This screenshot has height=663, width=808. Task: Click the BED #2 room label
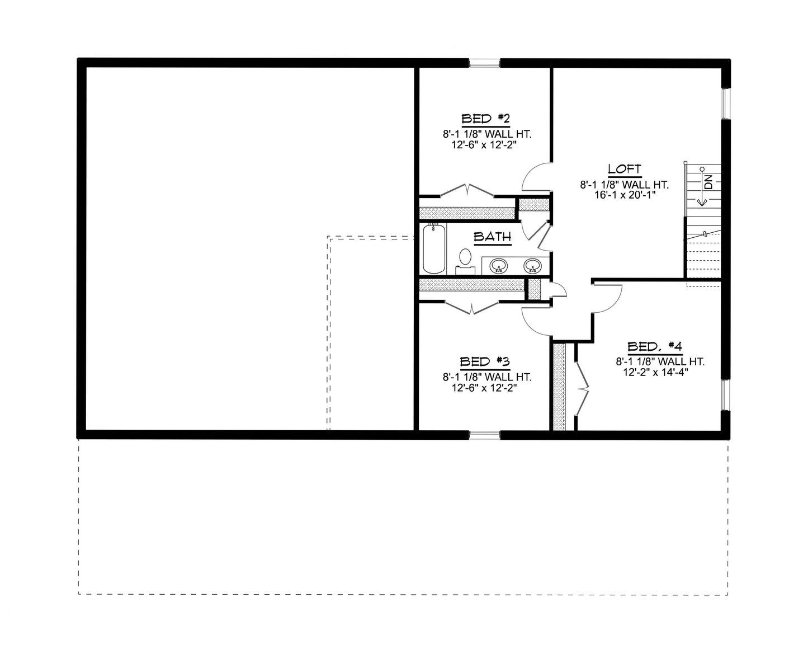click(485, 119)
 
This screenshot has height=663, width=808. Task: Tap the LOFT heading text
click(624, 169)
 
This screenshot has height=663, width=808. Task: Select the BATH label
click(493, 237)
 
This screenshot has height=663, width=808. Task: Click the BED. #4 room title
click(655, 346)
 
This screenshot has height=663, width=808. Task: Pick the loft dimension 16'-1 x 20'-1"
click(624, 196)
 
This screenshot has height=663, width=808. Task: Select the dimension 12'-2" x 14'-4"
click(655, 372)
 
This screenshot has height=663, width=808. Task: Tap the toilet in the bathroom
click(465, 260)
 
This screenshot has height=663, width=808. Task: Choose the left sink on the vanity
click(498, 265)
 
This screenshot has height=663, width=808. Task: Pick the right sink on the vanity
click(532, 265)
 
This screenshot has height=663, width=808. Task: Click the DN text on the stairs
click(708, 182)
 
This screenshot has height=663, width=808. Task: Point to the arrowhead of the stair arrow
click(698, 204)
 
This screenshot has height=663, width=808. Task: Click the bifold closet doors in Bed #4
click(582, 386)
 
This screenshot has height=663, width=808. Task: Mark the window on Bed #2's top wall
click(484, 63)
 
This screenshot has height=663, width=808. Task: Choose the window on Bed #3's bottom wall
click(484, 434)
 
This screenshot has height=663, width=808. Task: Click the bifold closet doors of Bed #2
click(467, 190)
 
